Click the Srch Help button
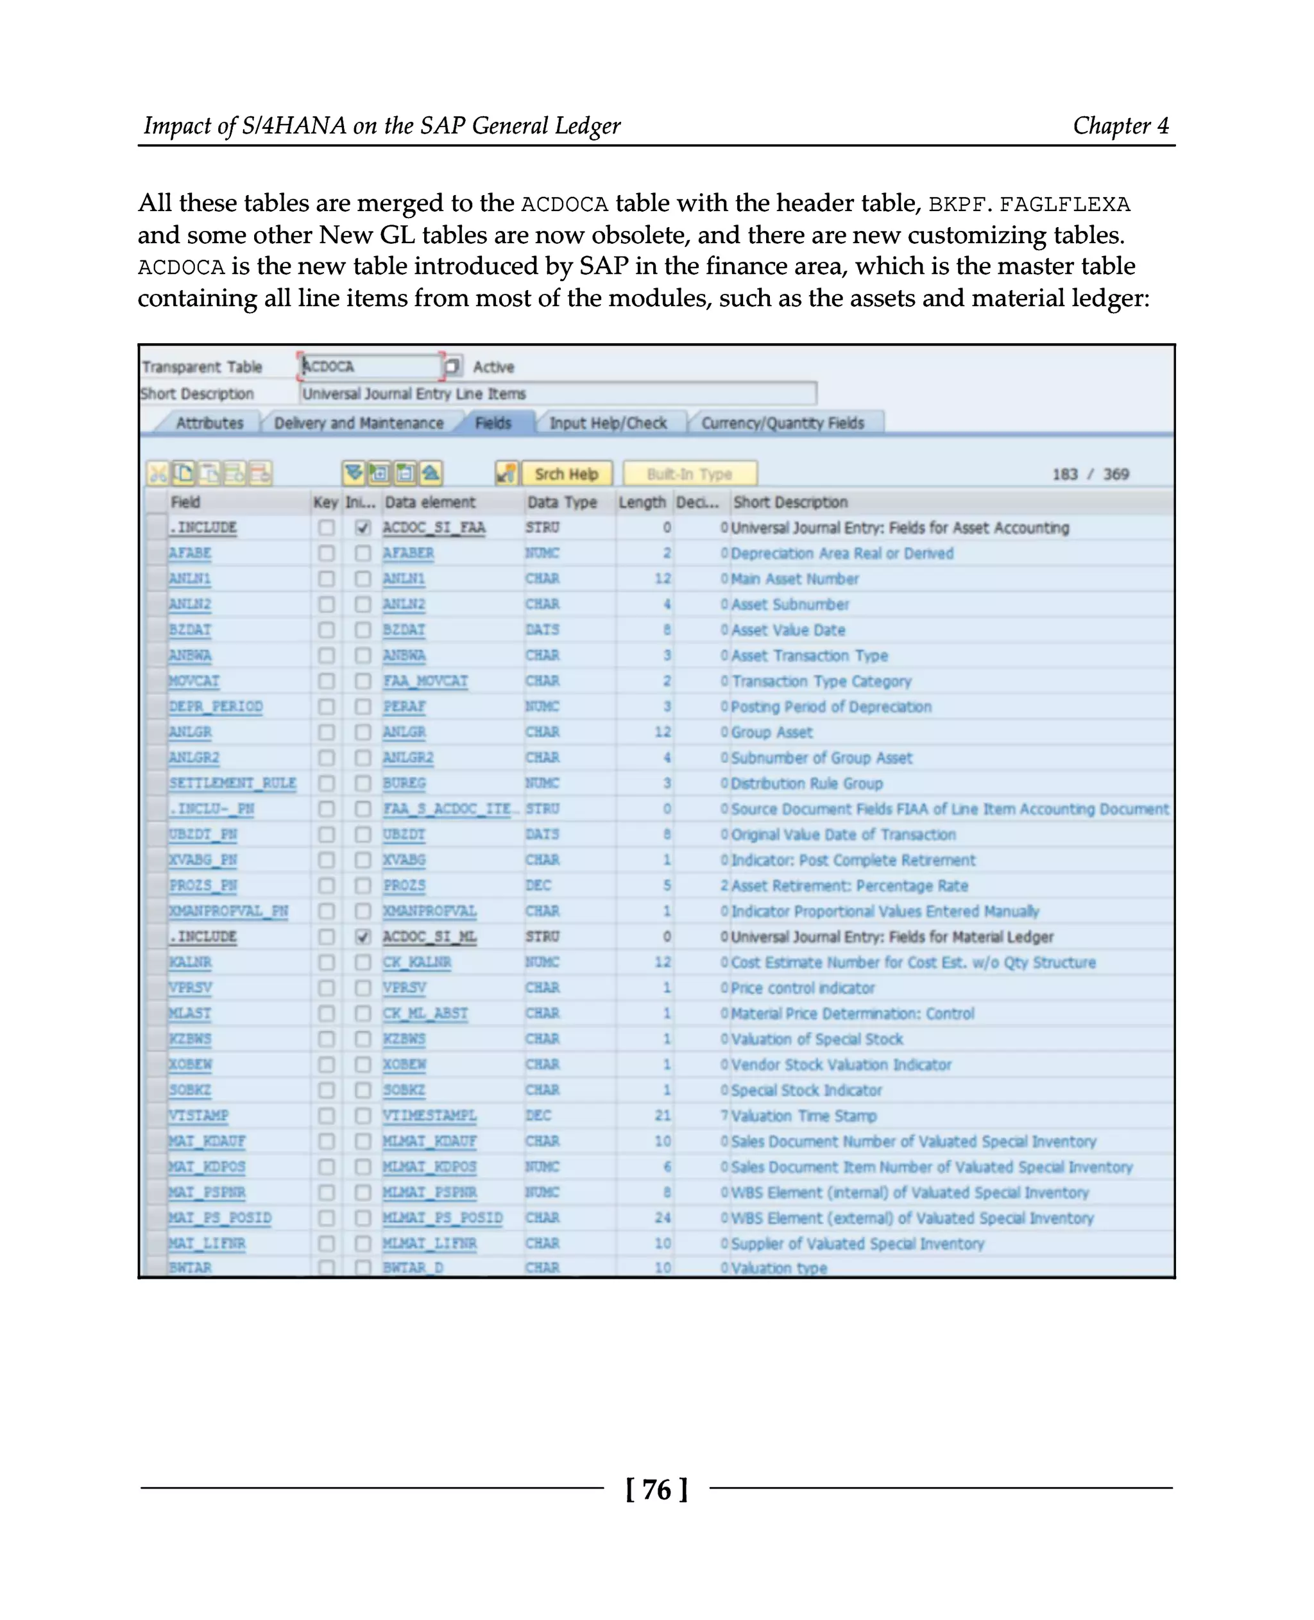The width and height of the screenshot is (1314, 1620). [566, 474]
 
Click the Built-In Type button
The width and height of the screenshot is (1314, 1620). [689, 474]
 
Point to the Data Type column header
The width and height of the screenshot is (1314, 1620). [561, 502]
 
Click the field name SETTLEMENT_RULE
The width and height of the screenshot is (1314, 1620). [232, 783]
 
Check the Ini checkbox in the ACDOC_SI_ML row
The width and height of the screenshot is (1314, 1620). [363, 937]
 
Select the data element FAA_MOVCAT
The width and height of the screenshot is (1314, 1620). [425, 681]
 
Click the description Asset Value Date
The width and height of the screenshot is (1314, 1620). [788, 630]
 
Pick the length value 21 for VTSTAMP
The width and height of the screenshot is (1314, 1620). [662, 1115]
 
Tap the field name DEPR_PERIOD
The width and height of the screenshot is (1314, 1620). [216, 706]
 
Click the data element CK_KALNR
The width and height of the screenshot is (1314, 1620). [416, 962]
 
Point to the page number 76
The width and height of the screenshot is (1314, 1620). [656, 1490]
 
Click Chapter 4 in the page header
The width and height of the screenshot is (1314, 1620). [1120, 126]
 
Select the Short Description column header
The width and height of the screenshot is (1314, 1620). [790, 502]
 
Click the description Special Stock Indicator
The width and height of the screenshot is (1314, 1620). [806, 1090]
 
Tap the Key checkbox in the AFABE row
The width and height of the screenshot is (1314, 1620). [326, 554]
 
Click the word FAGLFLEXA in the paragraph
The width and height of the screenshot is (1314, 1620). [1064, 205]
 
